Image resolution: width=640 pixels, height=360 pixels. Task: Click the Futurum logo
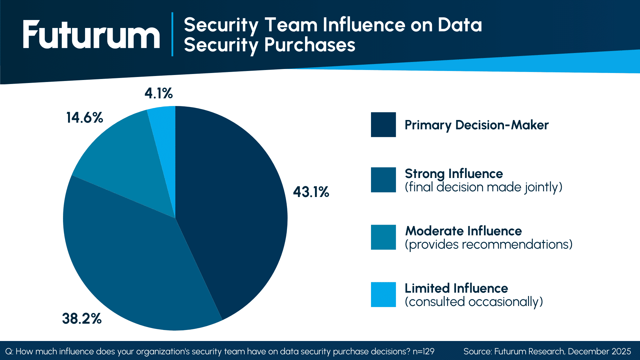click(91, 35)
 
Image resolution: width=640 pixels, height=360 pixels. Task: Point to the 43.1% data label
click(311, 192)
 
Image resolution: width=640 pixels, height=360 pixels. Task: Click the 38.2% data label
click(82, 319)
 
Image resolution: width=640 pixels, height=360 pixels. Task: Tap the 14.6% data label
click(85, 118)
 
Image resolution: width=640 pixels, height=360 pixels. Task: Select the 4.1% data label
click(159, 93)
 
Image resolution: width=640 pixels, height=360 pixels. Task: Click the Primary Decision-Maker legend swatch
click(383, 125)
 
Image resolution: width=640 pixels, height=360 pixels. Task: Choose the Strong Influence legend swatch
click(383, 180)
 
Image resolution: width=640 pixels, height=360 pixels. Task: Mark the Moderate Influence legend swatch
click(383, 237)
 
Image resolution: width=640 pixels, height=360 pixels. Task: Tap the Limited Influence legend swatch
click(383, 295)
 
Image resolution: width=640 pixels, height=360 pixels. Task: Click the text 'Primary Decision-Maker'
click(476, 125)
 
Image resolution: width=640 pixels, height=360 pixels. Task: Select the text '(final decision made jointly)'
click(483, 187)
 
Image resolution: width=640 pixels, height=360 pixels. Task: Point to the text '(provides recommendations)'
click(488, 245)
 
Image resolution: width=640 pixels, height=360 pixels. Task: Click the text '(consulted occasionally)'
click(474, 302)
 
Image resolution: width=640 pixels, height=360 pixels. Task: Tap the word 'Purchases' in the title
click(310, 45)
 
